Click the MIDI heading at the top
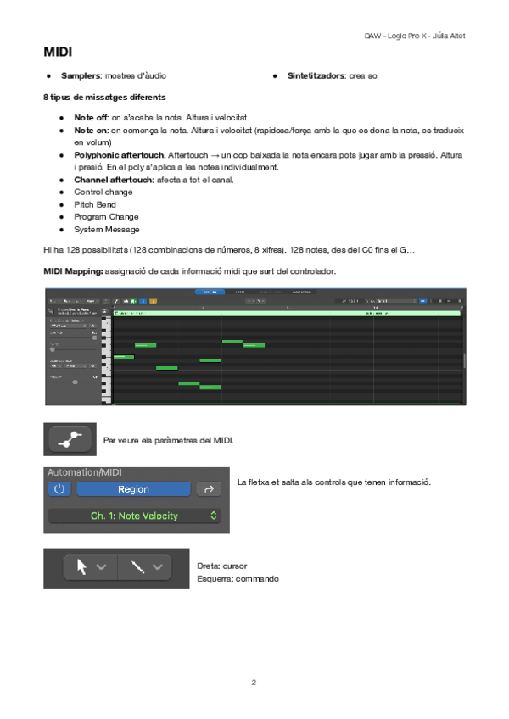click(x=58, y=53)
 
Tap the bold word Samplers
click(x=80, y=76)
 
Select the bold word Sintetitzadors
click(x=315, y=76)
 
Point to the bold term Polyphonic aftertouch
click(x=119, y=156)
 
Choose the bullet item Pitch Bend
click(x=95, y=204)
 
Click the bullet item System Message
click(x=107, y=229)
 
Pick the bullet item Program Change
click(x=106, y=216)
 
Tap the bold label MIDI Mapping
click(x=73, y=271)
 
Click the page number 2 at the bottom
click(x=254, y=681)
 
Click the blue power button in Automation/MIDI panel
click(x=59, y=489)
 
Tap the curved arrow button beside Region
click(x=207, y=489)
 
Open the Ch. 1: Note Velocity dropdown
click(x=136, y=516)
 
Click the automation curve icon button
click(x=70, y=439)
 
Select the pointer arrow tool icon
click(x=83, y=567)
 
